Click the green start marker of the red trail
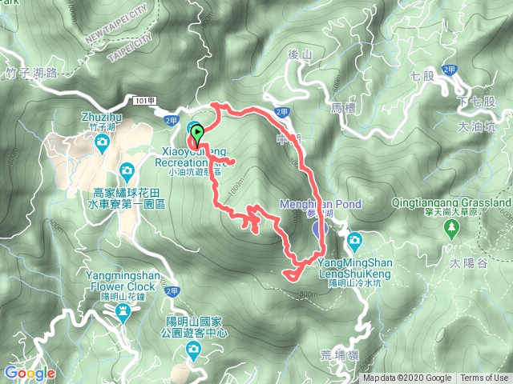click(197, 133)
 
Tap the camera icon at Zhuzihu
click(102, 143)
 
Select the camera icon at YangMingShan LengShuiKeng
click(354, 239)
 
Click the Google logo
click(29, 373)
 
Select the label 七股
click(420, 77)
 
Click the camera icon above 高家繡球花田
click(127, 170)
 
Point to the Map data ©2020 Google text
click(407, 378)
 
